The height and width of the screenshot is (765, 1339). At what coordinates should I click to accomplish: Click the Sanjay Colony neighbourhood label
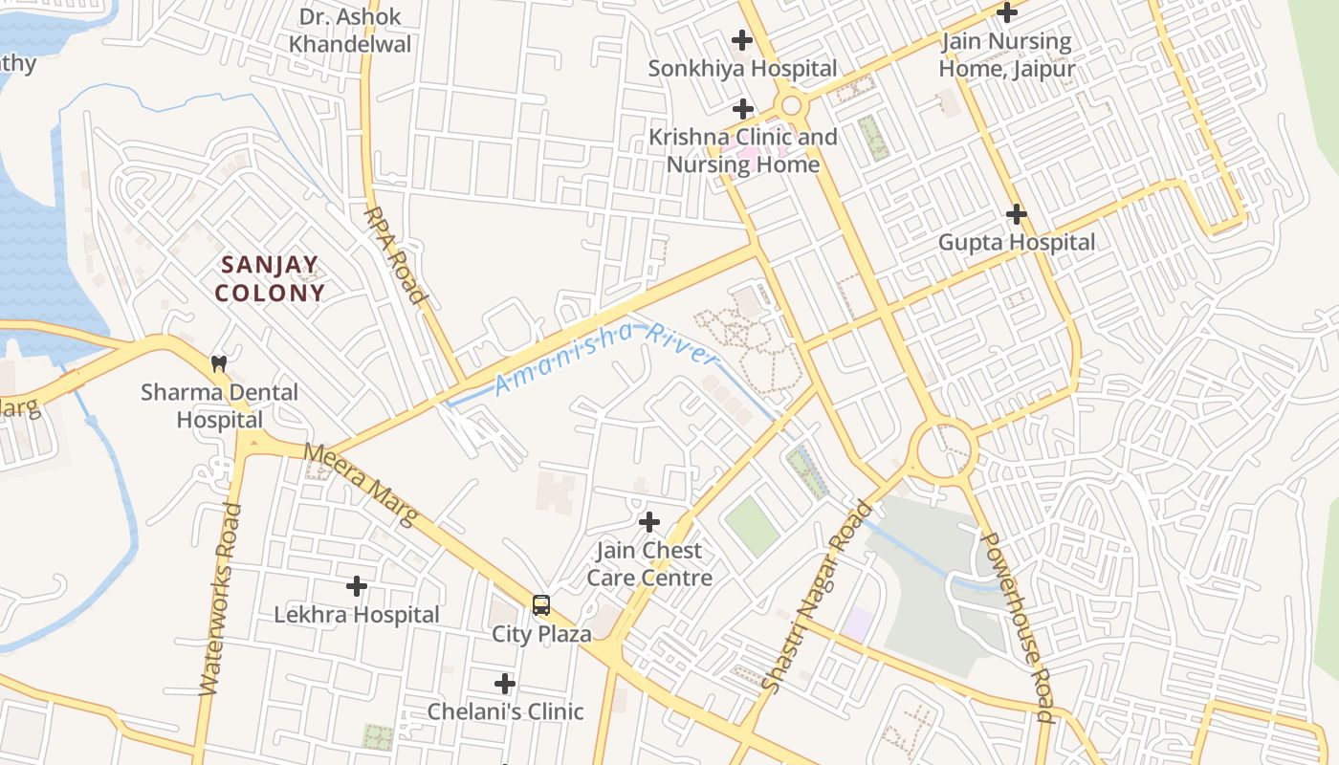[x=270, y=278]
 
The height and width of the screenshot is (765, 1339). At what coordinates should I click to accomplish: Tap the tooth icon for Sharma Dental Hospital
[x=219, y=363]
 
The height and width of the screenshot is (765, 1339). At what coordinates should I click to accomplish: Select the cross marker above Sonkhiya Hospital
[x=741, y=40]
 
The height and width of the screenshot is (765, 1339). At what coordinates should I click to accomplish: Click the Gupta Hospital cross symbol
[x=1016, y=214]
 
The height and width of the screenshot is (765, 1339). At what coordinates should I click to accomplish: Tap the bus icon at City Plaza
[x=541, y=604]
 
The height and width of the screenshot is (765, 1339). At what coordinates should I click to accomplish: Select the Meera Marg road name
[x=362, y=484]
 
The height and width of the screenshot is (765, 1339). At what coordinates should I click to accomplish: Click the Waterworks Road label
[x=220, y=600]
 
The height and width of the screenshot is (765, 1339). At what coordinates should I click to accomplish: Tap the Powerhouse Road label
[x=1017, y=626]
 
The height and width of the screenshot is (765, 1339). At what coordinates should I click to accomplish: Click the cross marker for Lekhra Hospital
[x=357, y=585]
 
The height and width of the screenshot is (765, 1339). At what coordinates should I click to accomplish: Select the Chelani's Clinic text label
[x=505, y=711]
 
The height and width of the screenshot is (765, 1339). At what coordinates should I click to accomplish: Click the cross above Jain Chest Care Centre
[x=649, y=522]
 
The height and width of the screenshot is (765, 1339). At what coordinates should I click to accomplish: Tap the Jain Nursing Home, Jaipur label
[x=1006, y=55]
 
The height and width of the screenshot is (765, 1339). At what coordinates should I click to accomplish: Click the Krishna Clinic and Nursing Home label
[x=743, y=150]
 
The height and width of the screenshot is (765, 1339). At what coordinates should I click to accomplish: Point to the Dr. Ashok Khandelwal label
[x=350, y=31]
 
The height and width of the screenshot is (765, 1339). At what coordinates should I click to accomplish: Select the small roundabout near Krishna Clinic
[x=790, y=106]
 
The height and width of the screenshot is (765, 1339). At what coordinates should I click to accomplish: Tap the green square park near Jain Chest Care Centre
[x=752, y=525]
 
